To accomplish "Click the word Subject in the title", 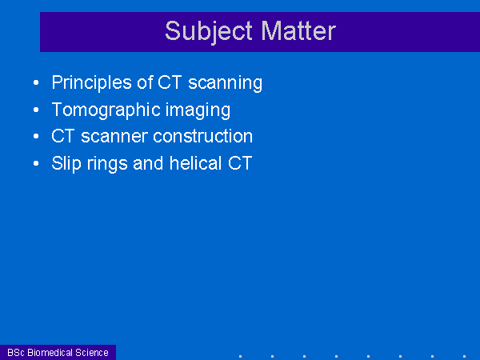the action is pos(209,32).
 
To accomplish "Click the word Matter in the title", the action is pos(298,31).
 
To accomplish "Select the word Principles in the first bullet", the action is pos(92,83).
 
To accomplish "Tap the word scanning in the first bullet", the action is pos(225,83).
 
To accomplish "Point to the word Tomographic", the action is pos(106,110).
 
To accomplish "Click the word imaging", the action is pos(198,110).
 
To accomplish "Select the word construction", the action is pos(202,136).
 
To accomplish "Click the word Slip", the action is pos(66,163).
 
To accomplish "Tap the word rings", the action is pos(107,164).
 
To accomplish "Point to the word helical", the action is pos(196,163).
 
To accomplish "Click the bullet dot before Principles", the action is pos(36,82).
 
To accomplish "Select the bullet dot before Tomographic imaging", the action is pos(36,110).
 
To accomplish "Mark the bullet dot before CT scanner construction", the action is pos(36,136).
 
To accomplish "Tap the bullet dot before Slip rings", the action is pos(36,163).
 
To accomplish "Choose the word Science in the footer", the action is pos(92,353).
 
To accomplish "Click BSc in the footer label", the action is pos(16,353).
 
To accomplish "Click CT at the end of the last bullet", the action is pos(240,163).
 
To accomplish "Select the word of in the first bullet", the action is pos(145,82).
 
